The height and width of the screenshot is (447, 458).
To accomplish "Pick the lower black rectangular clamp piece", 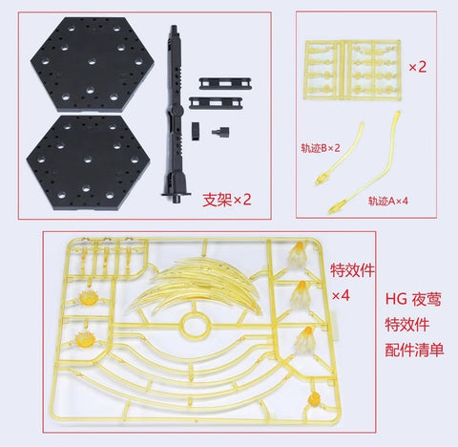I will (211, 101).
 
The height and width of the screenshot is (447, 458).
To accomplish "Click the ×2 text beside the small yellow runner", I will (418, 68).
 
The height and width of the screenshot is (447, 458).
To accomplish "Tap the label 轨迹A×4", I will (391, 201).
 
